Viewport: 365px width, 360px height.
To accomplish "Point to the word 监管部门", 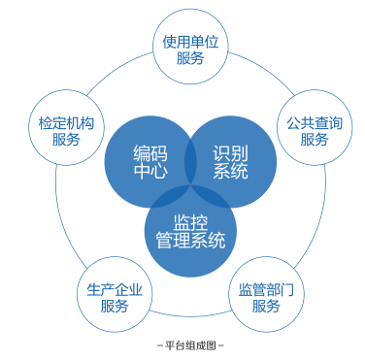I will click(265, 288).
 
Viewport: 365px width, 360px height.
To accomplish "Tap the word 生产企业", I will click(115, 288).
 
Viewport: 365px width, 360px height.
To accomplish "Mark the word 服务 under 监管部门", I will click(265, 306).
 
